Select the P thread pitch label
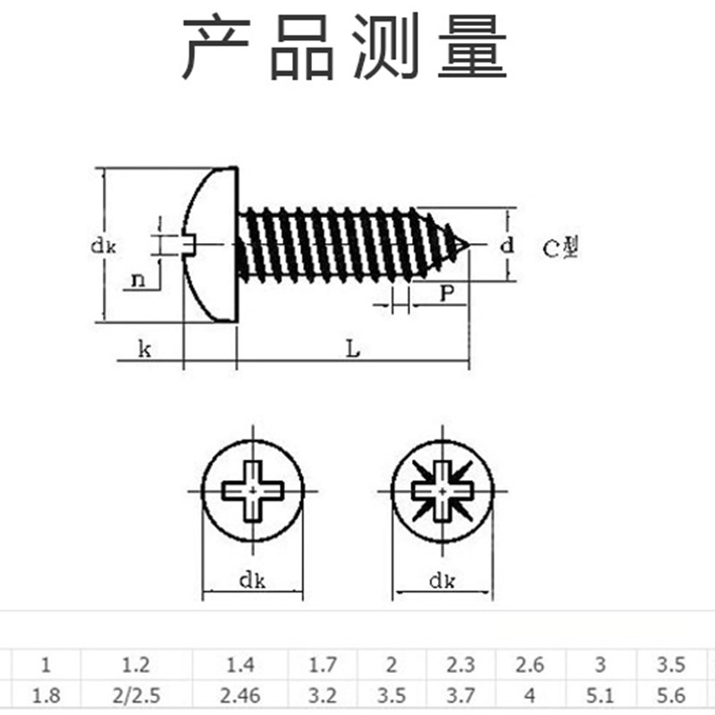click(x=447, y=292)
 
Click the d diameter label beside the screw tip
click(x=506, y=244)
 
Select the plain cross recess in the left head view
click(x=254, y=491)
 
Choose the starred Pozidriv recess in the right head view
click(x=442, y=492)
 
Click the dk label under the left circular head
click(x=254, y=581)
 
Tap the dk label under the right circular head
click(x=442, y=582)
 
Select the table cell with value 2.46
click(x=240, y=694)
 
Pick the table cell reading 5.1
click(x=600, y=694)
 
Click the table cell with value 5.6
click(x=670, y=694)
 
